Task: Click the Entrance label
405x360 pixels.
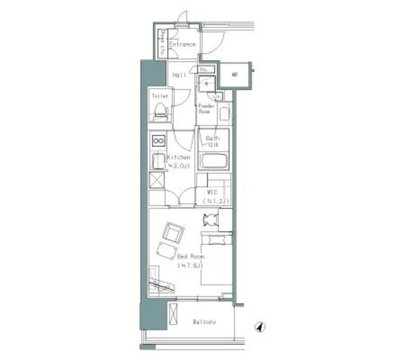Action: [x=182, y=45]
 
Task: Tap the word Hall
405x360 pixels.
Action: [x=179, y=75]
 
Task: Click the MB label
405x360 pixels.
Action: [x=234, y=75]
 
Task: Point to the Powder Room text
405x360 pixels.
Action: [x=206, y=108]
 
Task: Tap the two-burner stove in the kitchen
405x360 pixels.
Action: [x=158, y=140]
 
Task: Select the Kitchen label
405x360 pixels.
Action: [x=178, y=157]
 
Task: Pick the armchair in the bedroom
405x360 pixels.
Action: [x=173, y=233]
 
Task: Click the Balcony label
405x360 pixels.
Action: [x=204, y=322]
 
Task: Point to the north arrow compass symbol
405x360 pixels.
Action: [x=260, y=328]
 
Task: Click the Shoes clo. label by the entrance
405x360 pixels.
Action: [x=162, y=42]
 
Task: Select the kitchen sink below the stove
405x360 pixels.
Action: [x=157, y=160]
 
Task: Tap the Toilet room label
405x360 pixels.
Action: [x=159, y=96]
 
